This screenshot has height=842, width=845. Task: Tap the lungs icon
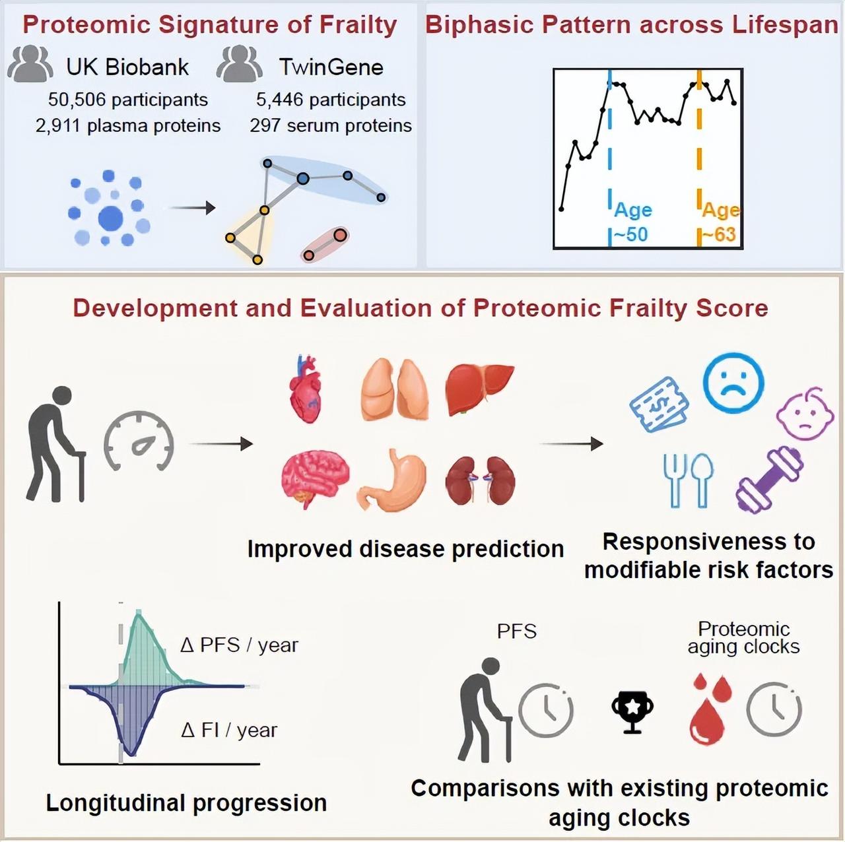[x=395, y=389]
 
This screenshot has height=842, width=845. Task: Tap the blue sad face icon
[x=733, y=383]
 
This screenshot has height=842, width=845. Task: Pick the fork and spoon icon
[x=688, y=480]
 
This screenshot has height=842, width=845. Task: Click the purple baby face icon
[x=805, y=413]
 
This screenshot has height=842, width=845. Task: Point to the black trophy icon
[x=632, y=711]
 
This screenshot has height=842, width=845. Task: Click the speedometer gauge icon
[x=139, y=441]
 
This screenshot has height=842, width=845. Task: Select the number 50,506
[x=77, y=100]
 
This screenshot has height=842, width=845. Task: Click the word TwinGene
[x=331, y=67]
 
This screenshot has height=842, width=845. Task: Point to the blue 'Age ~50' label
[x=632, y=222]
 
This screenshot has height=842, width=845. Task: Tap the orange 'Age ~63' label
[x=720, y=222]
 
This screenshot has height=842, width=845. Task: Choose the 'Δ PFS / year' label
[x=239, y=645]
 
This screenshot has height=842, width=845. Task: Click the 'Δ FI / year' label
[x=229, y=730]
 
